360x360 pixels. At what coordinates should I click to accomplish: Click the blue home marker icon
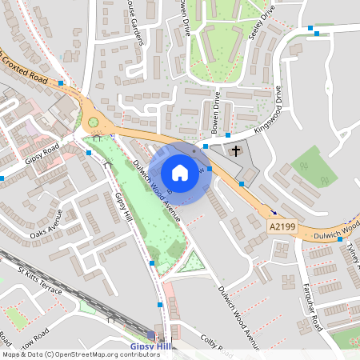(x=180, y=172)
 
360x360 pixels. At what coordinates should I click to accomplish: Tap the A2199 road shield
(x=283, y=229)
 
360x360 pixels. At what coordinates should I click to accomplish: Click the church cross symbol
(x=236, y=150)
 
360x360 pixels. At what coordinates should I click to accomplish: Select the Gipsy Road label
(x=42, y=154)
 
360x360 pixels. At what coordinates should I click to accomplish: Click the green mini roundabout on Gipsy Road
(x=94, y=122)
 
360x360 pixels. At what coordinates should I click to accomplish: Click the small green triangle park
(x=190, y=263)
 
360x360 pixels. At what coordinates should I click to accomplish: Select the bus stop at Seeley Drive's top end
(x=310, y=28)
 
